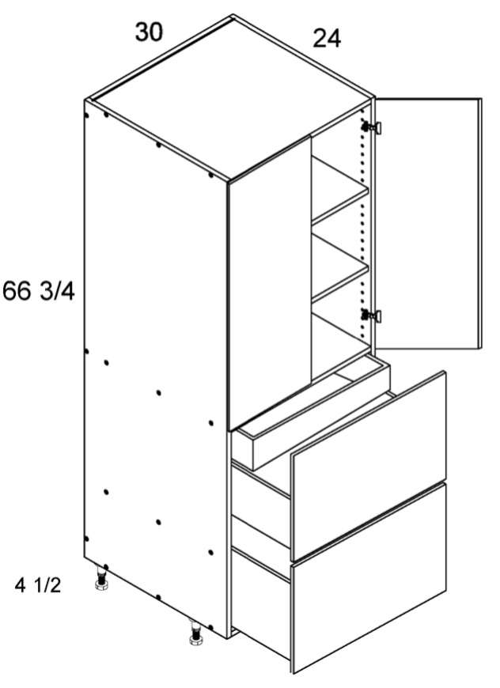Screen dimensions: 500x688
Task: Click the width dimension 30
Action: click(150, 32)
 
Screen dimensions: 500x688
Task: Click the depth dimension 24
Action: click(327, 38)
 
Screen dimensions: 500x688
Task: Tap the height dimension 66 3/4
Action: click(39, 291)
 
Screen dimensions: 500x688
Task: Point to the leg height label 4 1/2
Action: click(38, 585)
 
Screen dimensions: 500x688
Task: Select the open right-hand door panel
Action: click(427, 223)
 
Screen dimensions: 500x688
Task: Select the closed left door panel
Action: click(270, 283)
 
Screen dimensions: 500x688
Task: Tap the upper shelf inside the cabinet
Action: click(339, 191)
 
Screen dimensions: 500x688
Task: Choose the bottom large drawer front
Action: click(369, 578)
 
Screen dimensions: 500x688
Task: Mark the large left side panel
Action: click(156, 369)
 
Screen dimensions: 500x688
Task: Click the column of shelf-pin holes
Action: click(362, 223)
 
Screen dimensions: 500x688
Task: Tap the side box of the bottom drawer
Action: click(261, 603)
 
